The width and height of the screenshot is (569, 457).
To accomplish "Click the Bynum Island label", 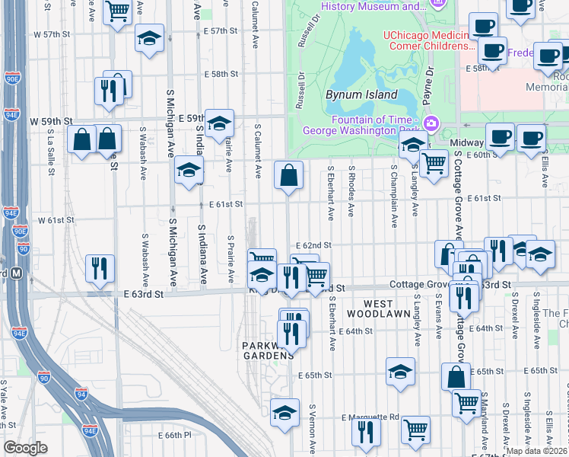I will click(361, 94).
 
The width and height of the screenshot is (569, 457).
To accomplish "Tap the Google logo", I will click(25, 448).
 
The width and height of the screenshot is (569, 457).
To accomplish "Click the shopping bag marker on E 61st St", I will click(288, 175).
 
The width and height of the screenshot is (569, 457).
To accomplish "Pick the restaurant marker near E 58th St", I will click(110, 91).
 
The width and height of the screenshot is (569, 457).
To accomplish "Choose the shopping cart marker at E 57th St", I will click(117, 11).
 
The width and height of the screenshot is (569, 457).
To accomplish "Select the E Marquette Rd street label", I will click(370, 417).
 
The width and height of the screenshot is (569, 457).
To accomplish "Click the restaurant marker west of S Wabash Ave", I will click(100, 268).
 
